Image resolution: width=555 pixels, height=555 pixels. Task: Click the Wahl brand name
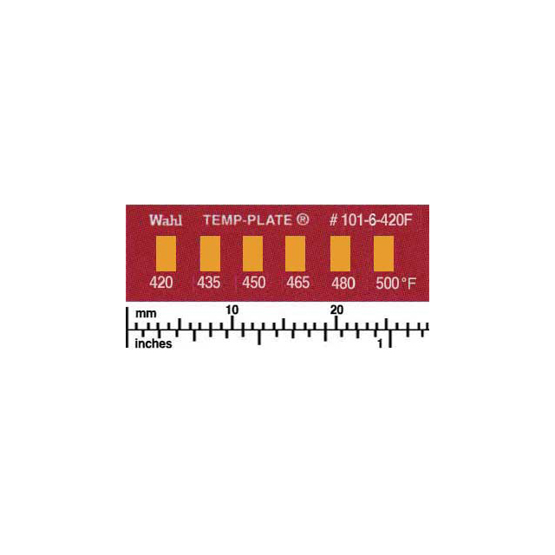click(166, 220)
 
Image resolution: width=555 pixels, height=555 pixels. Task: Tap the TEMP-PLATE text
click(247, 220)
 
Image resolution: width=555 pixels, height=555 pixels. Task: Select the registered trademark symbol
click(303, 219)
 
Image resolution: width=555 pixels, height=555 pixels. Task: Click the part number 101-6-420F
click(377, 220)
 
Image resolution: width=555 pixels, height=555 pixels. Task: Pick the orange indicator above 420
click(166, 254)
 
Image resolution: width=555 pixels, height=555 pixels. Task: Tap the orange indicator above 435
click(210, 254)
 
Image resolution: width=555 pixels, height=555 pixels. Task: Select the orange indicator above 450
click(252, 254)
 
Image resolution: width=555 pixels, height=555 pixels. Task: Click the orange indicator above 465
click(295, 254)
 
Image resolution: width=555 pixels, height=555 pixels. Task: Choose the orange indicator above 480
click(340, 254)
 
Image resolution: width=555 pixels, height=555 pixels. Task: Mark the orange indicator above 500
click(383, 254)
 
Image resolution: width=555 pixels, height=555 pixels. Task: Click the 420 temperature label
click(161, 283)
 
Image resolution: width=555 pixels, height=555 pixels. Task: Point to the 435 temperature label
click(208, 283)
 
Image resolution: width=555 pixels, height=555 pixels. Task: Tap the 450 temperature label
click(254, 283)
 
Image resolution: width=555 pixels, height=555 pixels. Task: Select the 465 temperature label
click(298, 283)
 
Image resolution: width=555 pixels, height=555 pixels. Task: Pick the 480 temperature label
click(343, 284)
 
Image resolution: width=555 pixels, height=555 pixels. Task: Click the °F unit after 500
click(408, 284)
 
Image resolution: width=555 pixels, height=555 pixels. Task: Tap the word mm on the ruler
click(146, 314)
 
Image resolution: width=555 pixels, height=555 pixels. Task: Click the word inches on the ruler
click(153, 343)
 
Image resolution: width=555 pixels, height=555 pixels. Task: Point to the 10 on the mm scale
click(232, 310)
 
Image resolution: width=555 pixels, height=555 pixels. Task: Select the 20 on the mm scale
click(337, 310)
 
